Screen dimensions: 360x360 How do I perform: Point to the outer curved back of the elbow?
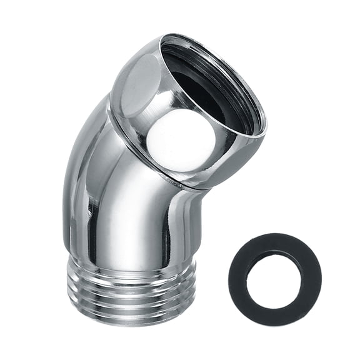(x=78, y=156)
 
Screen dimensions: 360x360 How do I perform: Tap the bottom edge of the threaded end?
(x=131, y=324)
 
